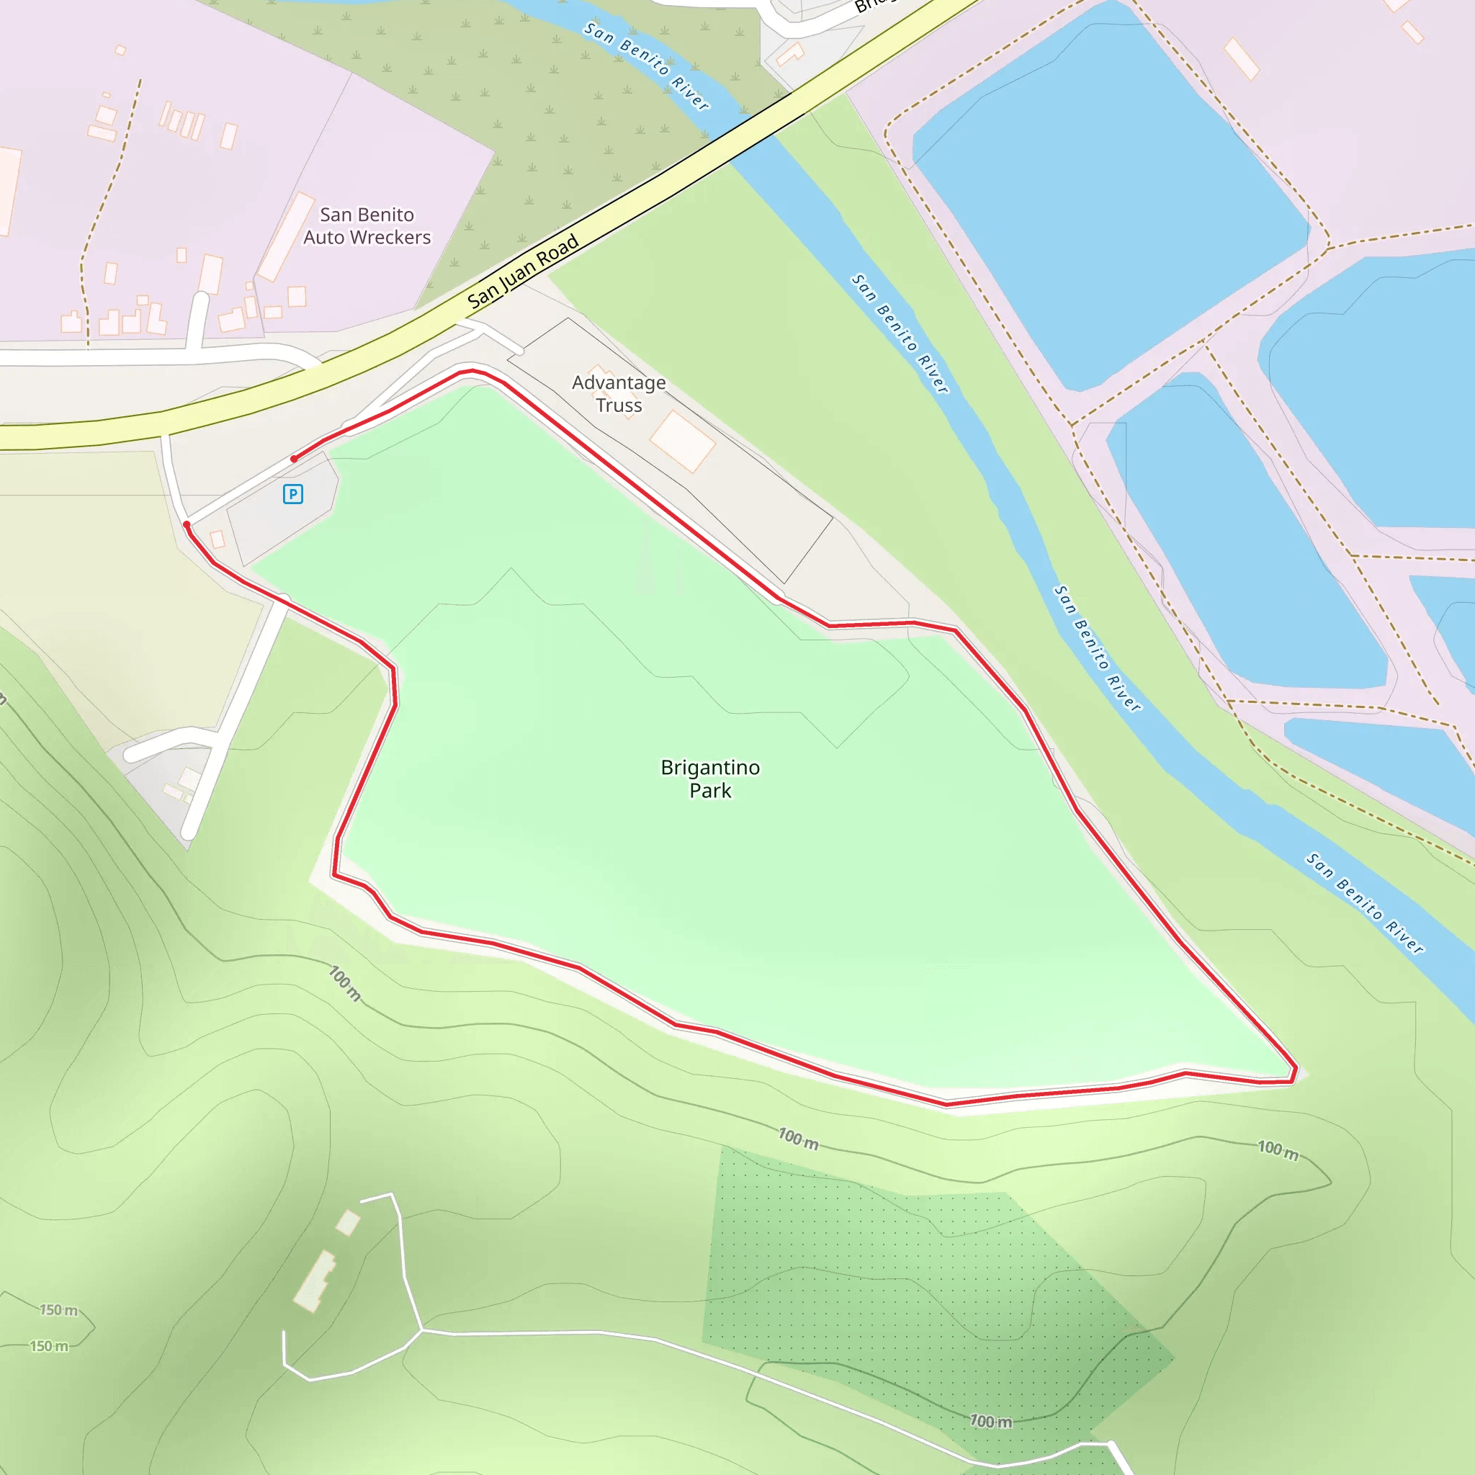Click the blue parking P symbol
(292, 494)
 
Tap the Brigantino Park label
(710, 778)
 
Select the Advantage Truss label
(619, 393)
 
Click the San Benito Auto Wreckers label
(367, 226)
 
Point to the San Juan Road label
(523, 272)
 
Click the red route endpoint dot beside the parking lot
(294, 459)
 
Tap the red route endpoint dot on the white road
(187, 524)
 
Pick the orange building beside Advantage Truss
(682, 441)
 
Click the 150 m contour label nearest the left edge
(49, 1346)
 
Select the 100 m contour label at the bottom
(990, 1421)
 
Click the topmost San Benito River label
(646, 65)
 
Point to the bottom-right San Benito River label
(1364, 903)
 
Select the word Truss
(619, 405)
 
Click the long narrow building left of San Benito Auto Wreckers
(287, 237)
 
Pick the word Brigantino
(710, 767)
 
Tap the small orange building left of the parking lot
(218, 539)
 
